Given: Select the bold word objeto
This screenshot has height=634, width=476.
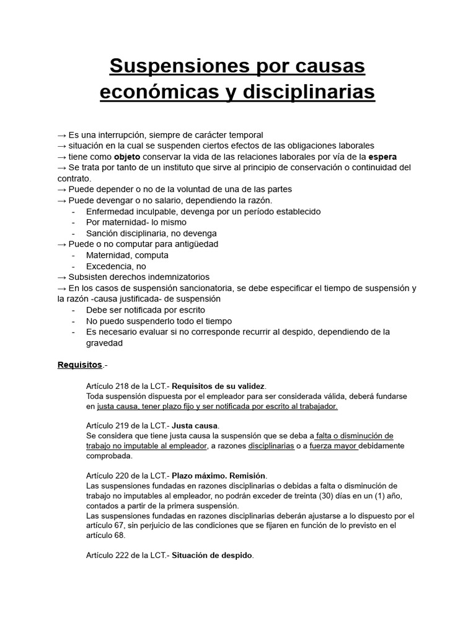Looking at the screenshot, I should pos(127,157).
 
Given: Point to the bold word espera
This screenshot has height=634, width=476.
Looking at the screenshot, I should pos(382,157).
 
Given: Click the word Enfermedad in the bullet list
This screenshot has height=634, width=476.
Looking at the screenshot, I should pos(110,211).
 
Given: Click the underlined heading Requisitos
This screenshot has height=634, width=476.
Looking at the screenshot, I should pos(79,365).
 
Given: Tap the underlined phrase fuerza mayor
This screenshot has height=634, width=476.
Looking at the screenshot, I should pos(333,446).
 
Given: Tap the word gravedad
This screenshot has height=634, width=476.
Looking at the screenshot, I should pos(105,342).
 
